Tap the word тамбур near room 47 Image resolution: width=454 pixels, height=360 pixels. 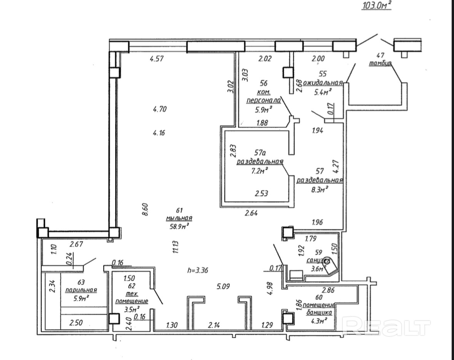click(380, 64)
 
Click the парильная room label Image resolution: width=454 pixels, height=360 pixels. click(81, 290)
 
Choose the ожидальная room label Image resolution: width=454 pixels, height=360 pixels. click(323, 83)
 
